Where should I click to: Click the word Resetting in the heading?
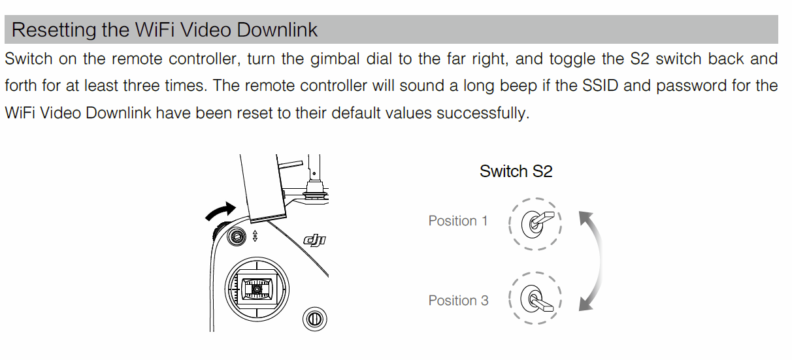click(54, 31)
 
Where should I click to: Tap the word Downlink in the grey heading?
click(277, 29)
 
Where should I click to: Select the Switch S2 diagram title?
click(516, 172)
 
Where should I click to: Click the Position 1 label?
click(458, 221)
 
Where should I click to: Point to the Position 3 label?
click(458, 301)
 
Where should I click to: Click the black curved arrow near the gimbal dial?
click(220, 211)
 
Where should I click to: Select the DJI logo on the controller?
click(315, 240)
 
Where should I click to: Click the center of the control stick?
click(257, 289)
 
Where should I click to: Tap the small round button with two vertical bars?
click(314, 319)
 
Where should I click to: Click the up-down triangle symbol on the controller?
click(255, 236)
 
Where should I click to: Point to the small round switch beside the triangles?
click(236, 236)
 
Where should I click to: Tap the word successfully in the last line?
click(483, 114)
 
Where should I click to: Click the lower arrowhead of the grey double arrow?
click(585, 304)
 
